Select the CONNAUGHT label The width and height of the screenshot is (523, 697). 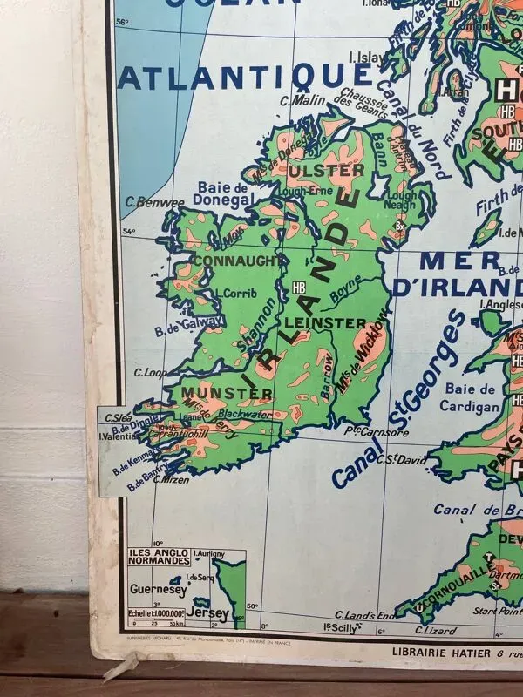coord(238,260)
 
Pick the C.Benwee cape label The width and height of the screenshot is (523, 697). coord(154,203)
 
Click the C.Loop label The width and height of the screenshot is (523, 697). coord(151,372)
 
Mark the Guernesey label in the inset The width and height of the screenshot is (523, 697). coord(158,590)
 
